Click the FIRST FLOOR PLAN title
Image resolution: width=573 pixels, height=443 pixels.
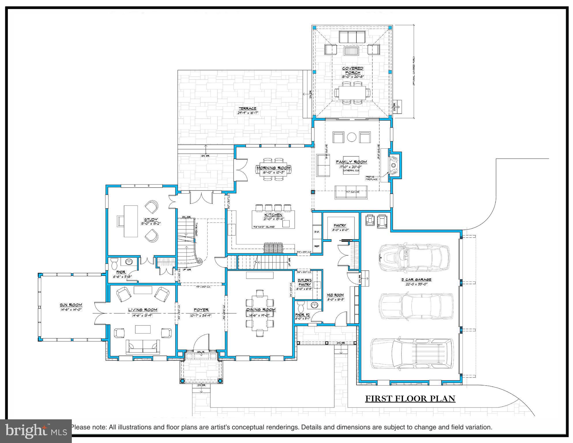click(x=410, y=399)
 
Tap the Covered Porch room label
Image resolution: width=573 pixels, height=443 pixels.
click(x=353, y=70)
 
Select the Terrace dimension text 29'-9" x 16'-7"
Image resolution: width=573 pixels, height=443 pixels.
click(x=247, y=113)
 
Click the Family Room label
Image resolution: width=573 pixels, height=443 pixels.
click(x=351, y=162)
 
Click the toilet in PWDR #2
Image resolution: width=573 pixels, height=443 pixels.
click(x=301, y=305)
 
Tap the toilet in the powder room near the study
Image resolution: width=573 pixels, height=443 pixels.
click(x=114, y=263)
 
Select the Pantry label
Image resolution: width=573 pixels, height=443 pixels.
click(x=340, y=225)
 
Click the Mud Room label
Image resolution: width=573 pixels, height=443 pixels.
click(x=335, y=295)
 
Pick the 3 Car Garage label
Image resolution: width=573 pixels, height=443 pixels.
click(x=416, y=279)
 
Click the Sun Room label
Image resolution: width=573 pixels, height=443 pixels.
click(x=71, y=305)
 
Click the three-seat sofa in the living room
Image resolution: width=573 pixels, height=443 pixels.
click(x=143, y=347)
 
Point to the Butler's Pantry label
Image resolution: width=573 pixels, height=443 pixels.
click(x=305, y=282)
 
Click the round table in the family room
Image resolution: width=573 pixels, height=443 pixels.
click(x=352, y=137)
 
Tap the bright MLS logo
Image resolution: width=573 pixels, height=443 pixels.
click(x=36, y=431)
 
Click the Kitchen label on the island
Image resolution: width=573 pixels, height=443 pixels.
click(x=273, y=215)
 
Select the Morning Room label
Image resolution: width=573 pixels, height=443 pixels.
click(x=273, y=168)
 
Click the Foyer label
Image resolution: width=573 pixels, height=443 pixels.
click(x=201, y=310)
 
